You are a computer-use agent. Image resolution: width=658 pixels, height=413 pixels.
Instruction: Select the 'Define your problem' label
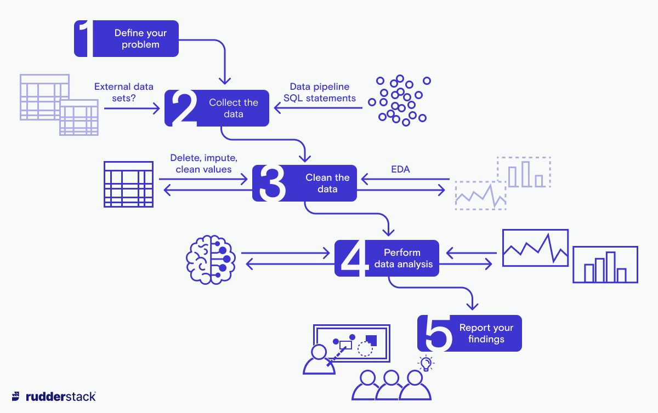click(x=140, y=39)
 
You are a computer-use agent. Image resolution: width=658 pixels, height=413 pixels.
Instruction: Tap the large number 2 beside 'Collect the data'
click(x=183, y=108)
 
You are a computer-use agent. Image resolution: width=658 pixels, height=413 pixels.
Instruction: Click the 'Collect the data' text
click(x=233, y=108)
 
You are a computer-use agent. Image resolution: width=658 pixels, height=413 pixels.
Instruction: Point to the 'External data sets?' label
click(x=124, y=92)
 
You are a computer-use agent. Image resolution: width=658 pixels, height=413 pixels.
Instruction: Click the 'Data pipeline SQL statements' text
click(x=320, y=93)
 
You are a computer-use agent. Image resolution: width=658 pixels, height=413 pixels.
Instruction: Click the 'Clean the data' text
click(x=327, y=183)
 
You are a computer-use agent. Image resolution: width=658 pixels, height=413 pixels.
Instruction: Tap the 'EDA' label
click(x=400, y=170)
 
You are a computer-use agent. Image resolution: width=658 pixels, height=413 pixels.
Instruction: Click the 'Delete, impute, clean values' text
click(x=203, y=164)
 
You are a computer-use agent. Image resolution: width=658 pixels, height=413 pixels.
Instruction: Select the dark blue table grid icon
click(x=128, y=184)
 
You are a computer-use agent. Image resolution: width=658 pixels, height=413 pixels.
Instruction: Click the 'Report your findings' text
click(x=486, y=333)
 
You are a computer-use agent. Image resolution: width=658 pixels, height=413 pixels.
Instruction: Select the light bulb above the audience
click(x=426, y=363)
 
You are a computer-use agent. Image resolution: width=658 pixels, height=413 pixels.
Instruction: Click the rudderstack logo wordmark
click(x=60, y=397)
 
